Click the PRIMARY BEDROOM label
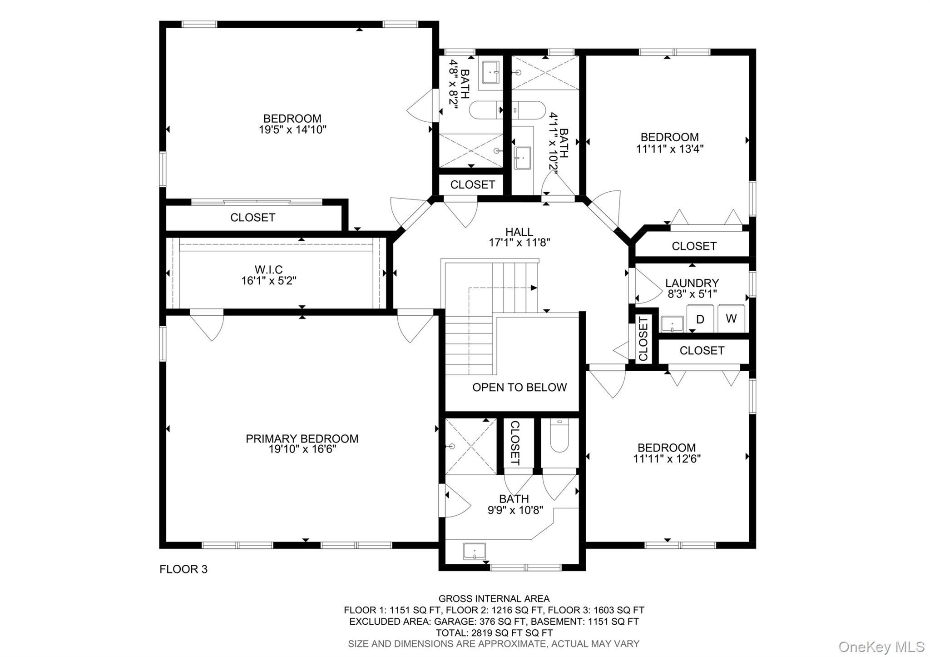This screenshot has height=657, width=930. click(302, 438)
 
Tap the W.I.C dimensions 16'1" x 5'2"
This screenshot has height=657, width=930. click(268, 281)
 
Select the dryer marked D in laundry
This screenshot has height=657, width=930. click(700, 319)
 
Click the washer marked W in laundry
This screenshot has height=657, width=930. click(731, 319)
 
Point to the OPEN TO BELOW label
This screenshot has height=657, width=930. click(519, 387)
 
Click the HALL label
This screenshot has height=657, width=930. click(519, 232)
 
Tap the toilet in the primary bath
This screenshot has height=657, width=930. click(559, 436)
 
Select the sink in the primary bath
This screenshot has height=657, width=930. click(474, 552)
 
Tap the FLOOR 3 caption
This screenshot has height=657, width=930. click(183, 569)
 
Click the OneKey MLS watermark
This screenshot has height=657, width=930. click(881, 646)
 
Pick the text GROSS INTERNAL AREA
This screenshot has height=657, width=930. click(494, 599)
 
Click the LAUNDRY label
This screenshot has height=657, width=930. click(692, 283)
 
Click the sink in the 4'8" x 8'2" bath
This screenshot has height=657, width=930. click(490, 72)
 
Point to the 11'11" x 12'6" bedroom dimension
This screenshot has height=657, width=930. click(667, 459)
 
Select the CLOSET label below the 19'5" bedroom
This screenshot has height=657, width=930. click(252, 218)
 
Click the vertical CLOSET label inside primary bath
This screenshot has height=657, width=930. click(514, 443)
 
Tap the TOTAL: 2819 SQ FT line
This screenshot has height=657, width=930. click(494, 632)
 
